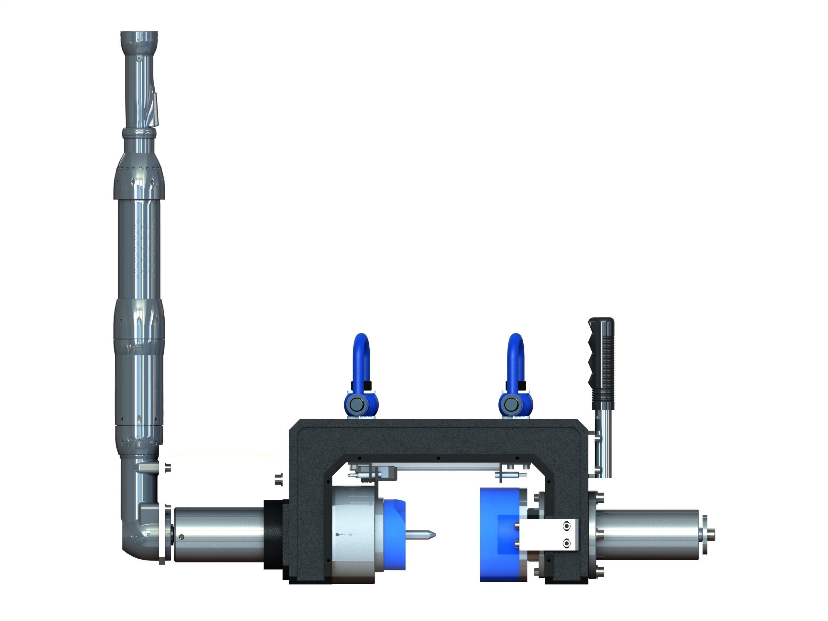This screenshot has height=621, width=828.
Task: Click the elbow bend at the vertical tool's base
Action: coord(136,539)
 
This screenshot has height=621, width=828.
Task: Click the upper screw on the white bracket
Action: coord(567,526)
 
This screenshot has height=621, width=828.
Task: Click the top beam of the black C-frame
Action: coord(438,438)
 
